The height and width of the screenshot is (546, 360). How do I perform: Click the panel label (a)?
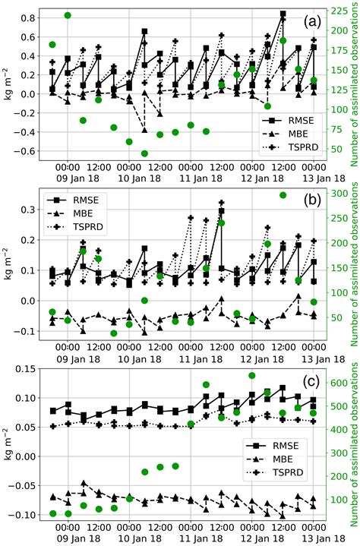coord(311,22)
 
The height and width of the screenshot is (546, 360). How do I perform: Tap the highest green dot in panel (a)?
coord(68,15)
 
